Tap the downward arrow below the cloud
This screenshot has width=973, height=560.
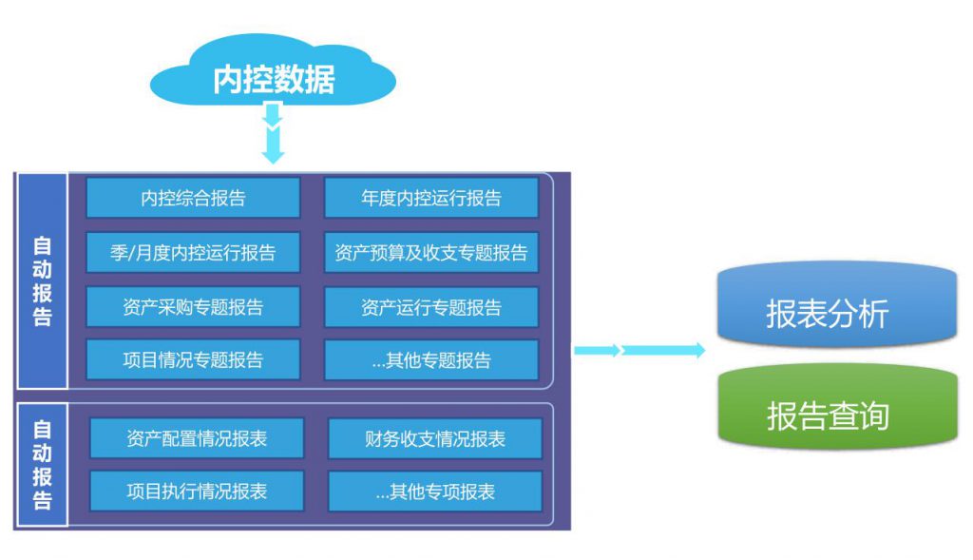[x=273, y=133]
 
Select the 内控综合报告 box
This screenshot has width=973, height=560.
[x=193, y=198]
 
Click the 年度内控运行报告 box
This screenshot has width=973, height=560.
[x=431, y=198]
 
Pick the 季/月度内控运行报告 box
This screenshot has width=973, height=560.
[x=193, y=252]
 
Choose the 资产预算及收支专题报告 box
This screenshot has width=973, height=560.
[x=431, y=252]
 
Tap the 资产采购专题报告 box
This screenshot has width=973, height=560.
[x=193, y=307]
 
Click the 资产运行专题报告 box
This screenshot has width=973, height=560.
[x=431, y=307]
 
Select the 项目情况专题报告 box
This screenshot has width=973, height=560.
[x=193, y=359]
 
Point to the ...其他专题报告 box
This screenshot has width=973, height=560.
[x=431, y=359]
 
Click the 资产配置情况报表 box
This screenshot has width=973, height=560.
[x=197, y=438]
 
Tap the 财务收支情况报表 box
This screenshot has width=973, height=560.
[x=435, y=438]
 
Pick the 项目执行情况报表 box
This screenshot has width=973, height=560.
[x=197, y=492]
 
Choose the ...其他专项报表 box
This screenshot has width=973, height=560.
[x=435, y=492]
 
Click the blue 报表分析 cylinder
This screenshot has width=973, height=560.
[x=837, y=304]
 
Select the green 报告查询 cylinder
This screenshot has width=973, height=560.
[x=837, y=407]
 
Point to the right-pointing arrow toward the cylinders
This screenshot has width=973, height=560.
[x=639, y=350]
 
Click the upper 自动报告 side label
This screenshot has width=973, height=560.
[x=42, y=280]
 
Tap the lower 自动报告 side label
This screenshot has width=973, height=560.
[x=42, y=464]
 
